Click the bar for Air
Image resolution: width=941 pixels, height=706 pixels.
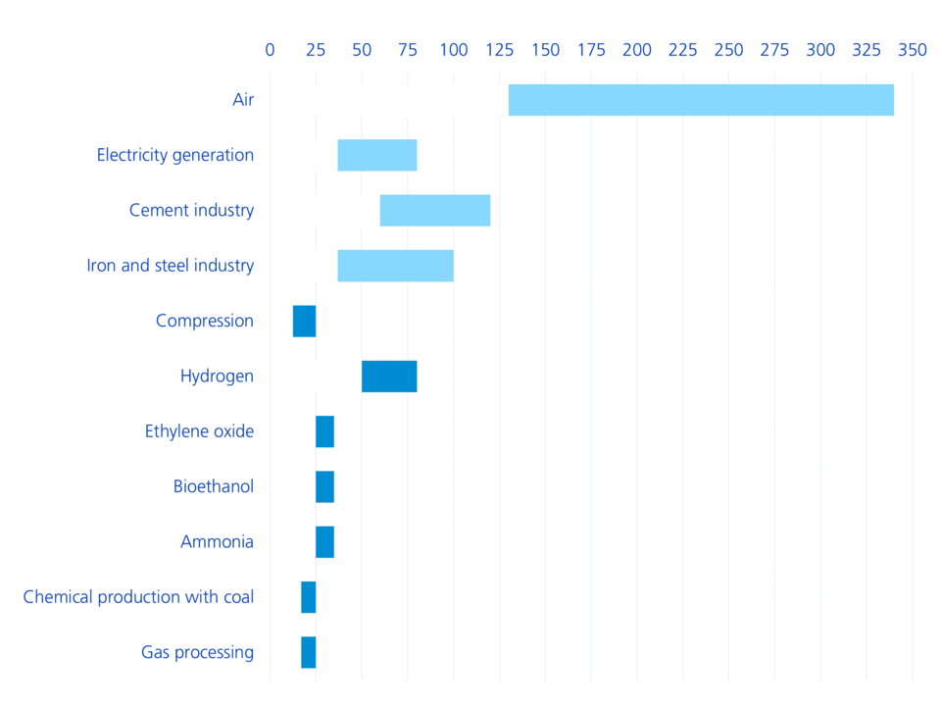pos(701,100)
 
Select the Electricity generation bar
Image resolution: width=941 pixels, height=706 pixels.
pos(377,155)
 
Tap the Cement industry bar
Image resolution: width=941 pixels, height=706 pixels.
pos(434,211)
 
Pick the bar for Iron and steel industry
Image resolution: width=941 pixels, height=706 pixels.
pos(395,266)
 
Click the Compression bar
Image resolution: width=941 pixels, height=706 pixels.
pos(304,321)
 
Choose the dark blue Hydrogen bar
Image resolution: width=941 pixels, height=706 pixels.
pos(389,377)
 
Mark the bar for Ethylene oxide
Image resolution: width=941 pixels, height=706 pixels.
pos(324,431)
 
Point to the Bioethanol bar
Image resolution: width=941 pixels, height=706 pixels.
pos(324,486)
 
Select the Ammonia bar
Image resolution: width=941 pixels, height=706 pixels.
pos(324,542)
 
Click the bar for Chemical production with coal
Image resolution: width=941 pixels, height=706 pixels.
pos(308,597)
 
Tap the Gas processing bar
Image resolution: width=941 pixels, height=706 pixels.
pos(308,652)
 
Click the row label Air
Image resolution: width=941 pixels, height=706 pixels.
pos(243,100)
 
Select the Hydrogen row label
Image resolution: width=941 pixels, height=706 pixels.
pos(217,377)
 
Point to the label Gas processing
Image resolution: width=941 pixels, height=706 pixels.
pos(197,652)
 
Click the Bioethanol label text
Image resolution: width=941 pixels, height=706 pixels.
pos(213,486)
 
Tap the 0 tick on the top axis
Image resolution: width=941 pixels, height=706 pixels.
pos(271,50)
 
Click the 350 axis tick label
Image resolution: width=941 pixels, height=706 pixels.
pos(913,50)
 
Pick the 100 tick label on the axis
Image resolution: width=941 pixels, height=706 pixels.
pos(454,50)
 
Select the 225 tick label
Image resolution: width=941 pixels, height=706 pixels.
pos(683,50)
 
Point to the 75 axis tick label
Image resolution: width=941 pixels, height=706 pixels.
pos(408,50)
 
